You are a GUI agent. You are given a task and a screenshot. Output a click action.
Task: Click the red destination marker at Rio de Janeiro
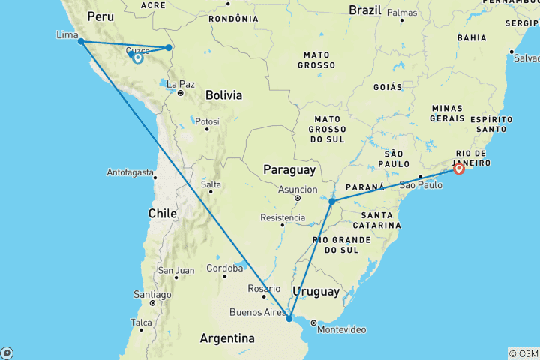[x=459, y=169]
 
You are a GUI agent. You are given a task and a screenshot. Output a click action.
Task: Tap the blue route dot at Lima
[x=80, y=41]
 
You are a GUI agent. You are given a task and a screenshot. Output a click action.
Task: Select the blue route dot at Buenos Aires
[x=289, y=319]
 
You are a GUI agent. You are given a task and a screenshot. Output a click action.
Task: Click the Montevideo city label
[x=341, y=329]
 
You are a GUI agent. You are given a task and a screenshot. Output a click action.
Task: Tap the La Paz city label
[x=180, y=84]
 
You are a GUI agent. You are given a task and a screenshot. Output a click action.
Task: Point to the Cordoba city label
[x=225, y=268]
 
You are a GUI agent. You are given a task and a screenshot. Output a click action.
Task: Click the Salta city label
[x=211, y=184]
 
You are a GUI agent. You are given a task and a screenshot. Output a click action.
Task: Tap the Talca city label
[x=141, y=322]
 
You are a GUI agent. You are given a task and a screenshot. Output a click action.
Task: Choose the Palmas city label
[x=402, y=13]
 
